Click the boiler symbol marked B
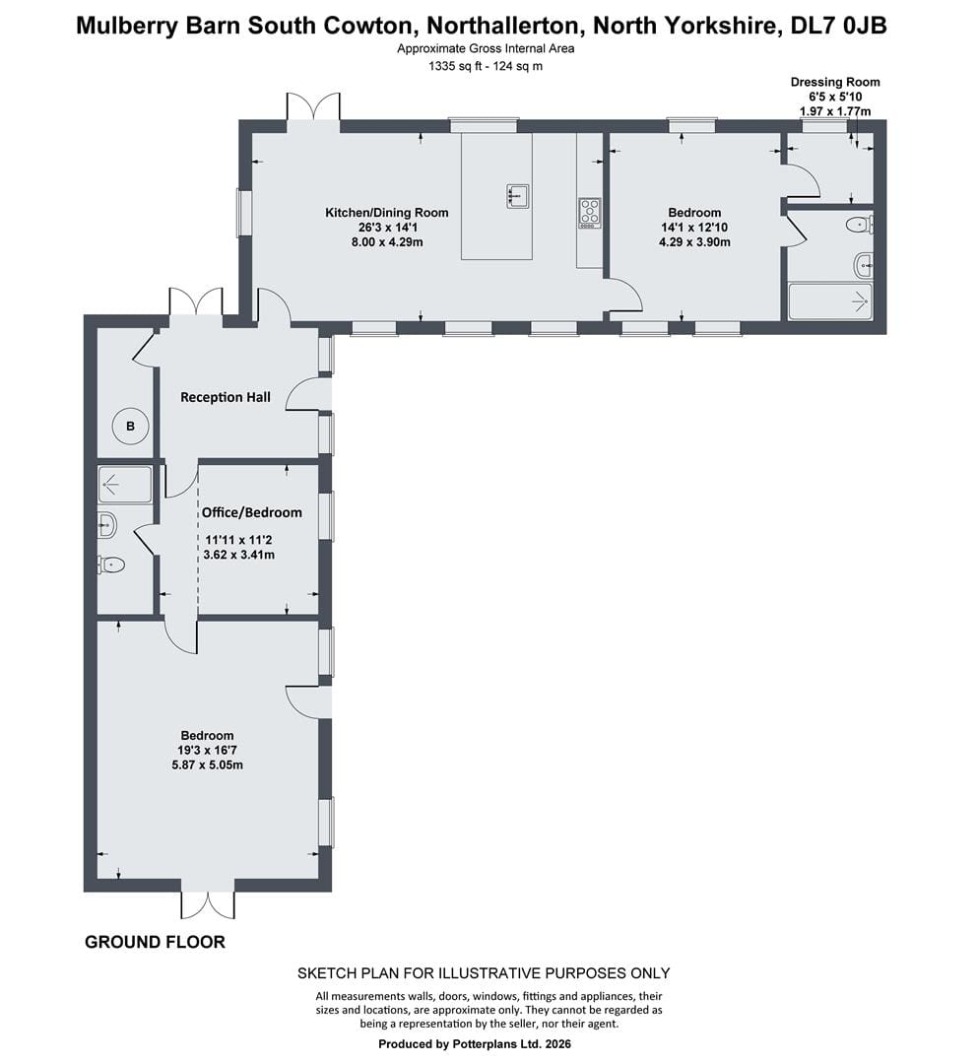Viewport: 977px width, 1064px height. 130,427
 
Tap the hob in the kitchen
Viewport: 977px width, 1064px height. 589,213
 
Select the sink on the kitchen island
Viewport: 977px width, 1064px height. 518,196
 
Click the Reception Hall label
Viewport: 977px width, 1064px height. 226,397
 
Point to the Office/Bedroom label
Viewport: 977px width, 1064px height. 252,512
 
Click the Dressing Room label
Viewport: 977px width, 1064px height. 835,82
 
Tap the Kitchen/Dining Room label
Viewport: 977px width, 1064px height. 387,213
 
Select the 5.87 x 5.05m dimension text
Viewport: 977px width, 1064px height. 208,765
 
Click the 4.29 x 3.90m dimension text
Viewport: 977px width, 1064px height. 694,241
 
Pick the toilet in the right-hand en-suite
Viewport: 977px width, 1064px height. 860,224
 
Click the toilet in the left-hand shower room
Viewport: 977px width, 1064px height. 111,565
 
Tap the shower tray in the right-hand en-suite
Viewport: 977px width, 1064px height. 830,299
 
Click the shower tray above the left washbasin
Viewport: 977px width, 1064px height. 125,484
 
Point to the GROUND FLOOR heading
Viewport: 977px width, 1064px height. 155,942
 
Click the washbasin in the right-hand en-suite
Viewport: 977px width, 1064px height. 863,265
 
